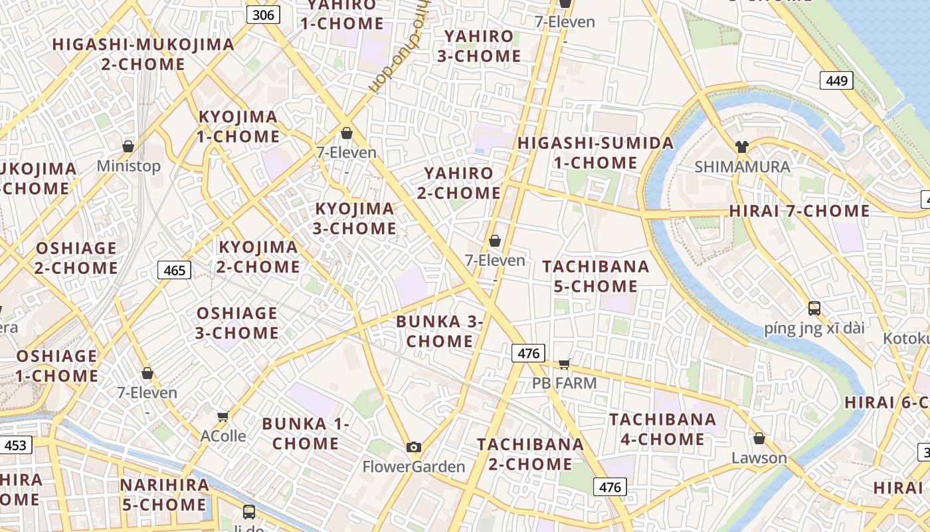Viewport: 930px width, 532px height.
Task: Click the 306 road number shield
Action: tap(264, 15)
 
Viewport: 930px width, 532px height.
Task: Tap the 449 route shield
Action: tap(836, 80)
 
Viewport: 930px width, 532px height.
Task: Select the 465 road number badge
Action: tap(175, 270)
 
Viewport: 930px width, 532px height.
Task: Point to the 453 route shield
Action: tap(15, 444)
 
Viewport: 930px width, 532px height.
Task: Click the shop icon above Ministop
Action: tap(128, 146)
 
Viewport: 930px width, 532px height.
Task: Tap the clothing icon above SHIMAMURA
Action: tap(742, 147)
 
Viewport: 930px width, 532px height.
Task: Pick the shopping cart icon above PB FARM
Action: tap(564, 364)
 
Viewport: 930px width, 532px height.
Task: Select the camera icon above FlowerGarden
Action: tap(414, 447)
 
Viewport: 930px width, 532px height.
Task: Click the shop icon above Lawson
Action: tap(759, 439)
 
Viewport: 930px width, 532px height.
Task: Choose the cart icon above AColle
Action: tap(223, 417)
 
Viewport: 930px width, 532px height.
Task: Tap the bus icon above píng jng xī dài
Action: tap(814, 309)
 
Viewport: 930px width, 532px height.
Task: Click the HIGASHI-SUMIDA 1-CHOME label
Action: tap(595, 153)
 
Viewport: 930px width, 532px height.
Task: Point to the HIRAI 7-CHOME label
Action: tap(799, 211)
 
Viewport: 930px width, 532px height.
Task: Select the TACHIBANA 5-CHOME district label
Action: tap(595, 276)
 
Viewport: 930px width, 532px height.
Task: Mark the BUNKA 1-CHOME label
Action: tap(306, 434)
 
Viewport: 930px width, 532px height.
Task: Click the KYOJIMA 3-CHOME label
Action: tap(355, 219)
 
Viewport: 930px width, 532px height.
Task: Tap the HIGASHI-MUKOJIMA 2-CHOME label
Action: tap(143, 55)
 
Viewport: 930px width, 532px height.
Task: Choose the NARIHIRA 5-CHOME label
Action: tap(164, 495)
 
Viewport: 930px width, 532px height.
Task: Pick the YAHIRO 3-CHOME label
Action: tap(479, 46)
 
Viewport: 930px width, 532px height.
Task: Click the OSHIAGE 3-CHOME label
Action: tap(237, 323)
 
